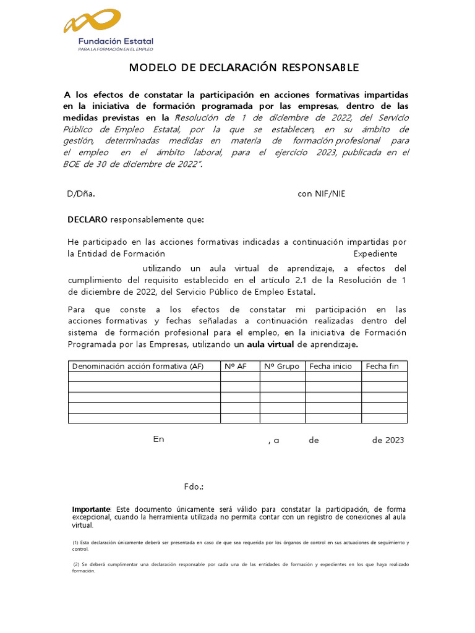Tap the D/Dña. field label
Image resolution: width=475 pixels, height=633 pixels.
(81, 193)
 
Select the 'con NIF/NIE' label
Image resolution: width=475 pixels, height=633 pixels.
(322, 193)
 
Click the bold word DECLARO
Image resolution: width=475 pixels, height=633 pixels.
(87, 219)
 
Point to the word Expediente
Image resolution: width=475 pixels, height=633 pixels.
(375, 253)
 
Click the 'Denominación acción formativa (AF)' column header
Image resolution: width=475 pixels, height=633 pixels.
(138, 366)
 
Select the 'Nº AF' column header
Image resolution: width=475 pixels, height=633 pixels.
(235, 366)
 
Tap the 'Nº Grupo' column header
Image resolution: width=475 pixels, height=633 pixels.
(281, 366)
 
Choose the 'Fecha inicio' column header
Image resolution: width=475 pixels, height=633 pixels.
(330, 366)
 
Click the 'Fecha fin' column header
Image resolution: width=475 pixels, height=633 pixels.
(382, 366)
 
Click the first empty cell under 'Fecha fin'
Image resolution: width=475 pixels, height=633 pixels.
(384, 376)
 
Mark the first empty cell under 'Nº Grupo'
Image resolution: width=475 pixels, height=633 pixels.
(282, 376)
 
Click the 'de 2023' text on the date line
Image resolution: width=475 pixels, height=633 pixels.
(388, 440)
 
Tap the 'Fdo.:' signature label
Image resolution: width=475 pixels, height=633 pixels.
(194, 486)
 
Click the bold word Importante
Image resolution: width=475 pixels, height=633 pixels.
(91, 509)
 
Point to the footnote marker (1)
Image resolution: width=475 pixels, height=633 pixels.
(76, 543)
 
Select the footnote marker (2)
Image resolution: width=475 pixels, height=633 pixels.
(76, 564)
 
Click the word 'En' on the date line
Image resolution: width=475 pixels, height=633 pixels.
(159, 439)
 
